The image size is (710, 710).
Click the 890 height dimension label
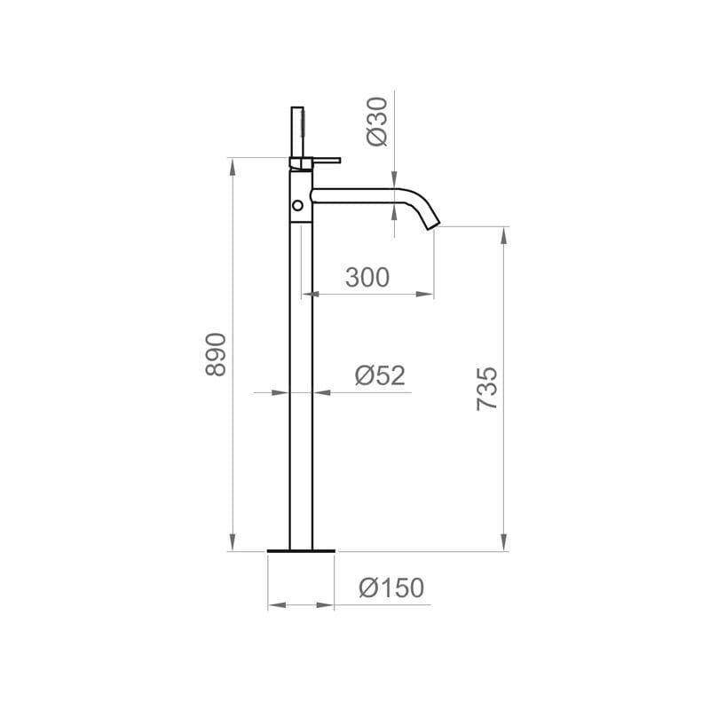(x=216, y=354)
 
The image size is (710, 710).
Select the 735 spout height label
(x=486, y=389)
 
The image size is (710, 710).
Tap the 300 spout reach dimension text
(x=367, y=277)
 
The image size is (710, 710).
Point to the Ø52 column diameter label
(x=380, y=375)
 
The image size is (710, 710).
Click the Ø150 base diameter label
(x=391, y=588)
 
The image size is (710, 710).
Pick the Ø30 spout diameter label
(x=377, y=122)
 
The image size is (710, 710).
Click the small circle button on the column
(x=297, y=206)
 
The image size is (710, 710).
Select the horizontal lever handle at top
(x=326, y=160)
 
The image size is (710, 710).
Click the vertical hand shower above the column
(x=297, y=131)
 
